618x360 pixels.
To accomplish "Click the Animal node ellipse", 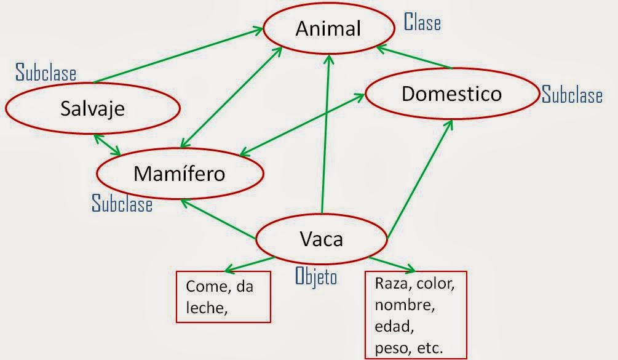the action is coord(328,28).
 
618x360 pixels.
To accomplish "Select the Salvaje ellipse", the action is coord(93,108).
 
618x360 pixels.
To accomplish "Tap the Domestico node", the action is coord(451,94).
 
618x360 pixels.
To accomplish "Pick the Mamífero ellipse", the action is coord(180,174).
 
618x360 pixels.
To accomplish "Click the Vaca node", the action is coord(321,238).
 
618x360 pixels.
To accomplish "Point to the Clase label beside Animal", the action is coord(422,22).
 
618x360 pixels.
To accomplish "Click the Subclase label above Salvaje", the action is coord(46,73).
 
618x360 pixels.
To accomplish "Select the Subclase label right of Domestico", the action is coord(572,95).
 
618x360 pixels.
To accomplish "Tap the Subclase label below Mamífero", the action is coord(122,203).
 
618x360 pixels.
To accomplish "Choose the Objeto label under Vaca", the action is coord(316,277).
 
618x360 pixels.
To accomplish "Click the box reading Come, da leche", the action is coord(223,297).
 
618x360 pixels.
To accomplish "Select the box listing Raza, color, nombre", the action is coord(416,314).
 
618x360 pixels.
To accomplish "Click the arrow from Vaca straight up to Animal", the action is coord(325,135).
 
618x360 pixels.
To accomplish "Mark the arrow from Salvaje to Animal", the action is coord(178,60).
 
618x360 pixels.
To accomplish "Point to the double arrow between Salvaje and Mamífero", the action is coord(108,145).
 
